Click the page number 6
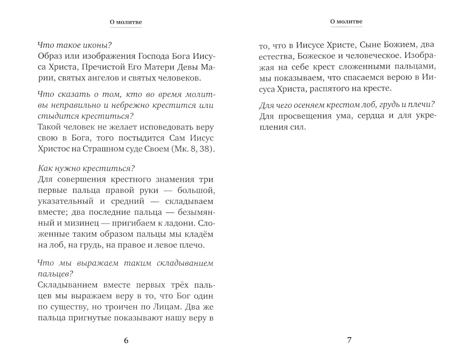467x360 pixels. (126, 340)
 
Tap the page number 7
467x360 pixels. (348, 340)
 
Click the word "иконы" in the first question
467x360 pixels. (97, 46)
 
